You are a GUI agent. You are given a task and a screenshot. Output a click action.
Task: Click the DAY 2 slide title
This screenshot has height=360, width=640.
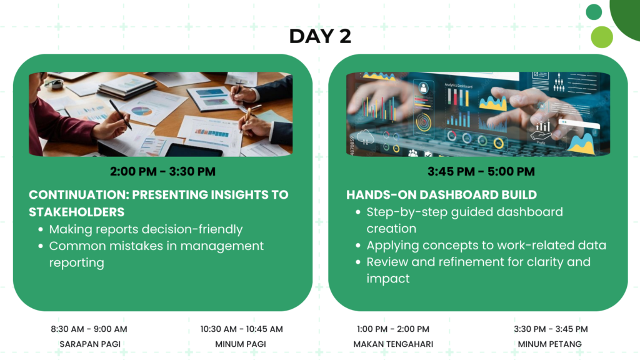pyautogui.click(x=320, y=36)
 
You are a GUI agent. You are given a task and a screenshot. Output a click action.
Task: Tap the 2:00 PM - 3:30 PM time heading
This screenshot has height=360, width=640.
pyautogui.click(x=163, y=171)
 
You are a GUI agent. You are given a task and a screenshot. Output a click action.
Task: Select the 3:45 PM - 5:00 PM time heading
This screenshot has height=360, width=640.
pyautogui.click(x=481, y=171)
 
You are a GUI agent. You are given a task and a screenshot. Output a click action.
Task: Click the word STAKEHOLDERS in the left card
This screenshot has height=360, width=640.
pyautogui.click(x=77, y=212)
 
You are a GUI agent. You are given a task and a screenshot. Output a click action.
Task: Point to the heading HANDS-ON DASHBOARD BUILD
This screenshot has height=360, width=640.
pyautogui.click(x=442, y=195)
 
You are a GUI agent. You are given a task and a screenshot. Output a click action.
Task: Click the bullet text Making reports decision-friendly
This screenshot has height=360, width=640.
pyautogui.click(x=146, y=229)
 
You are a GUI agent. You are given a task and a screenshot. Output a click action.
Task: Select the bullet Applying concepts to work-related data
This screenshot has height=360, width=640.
pyautogui.click(x=486, y=245)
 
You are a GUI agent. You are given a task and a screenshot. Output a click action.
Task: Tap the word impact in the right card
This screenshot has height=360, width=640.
pyautogui.click(x=387, y=279)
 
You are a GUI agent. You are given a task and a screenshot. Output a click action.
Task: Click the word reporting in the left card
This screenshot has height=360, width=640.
pyautogui.click(x=77, y=263)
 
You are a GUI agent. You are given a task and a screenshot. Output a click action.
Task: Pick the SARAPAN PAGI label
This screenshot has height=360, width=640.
pyautogui.click(x=90, y=344)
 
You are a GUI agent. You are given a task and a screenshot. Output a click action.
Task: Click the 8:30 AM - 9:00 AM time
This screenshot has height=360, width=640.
pyautogui.click(x=89, y=329)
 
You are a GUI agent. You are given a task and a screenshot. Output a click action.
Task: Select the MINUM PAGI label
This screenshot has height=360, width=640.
pyautogui.click(x=241, y=344)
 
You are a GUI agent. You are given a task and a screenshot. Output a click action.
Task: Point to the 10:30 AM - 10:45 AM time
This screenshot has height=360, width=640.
pyautogui.click(x=242, y=329)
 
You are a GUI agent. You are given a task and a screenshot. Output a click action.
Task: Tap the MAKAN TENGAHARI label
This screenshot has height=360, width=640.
pyautogui.click(x=393, y=344)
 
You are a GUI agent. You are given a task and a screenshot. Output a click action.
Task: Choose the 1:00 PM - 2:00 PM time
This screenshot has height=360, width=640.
pyautogui.click(x=393, y=329)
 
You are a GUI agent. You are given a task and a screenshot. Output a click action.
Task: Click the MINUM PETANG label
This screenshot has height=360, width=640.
pyautogui.click(x=550, y=344)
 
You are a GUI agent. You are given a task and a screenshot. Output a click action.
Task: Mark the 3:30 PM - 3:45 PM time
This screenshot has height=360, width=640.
pyautogui.click(x=551, y=329)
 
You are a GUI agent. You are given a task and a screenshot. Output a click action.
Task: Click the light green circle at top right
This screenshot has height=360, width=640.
pyautogui.click(x=602, y=37)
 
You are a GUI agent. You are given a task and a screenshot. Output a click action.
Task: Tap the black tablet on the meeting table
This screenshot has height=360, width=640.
pyautogui.click(x=194, y=150)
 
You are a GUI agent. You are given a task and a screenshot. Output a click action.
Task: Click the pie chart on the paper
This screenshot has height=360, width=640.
pyautogui.click(x=142, y=111)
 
